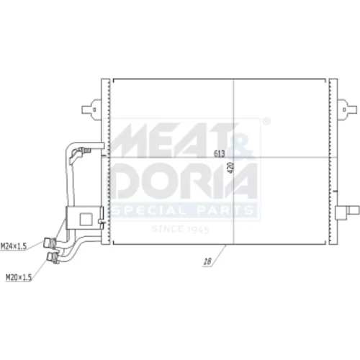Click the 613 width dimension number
220,153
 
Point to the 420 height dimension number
230,168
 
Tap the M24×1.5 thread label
14,246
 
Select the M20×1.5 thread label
19,277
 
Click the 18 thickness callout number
207,261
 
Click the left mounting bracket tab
91,109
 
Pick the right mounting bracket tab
347,109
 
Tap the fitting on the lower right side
347,212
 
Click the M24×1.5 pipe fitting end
50,243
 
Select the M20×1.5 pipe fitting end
53,258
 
